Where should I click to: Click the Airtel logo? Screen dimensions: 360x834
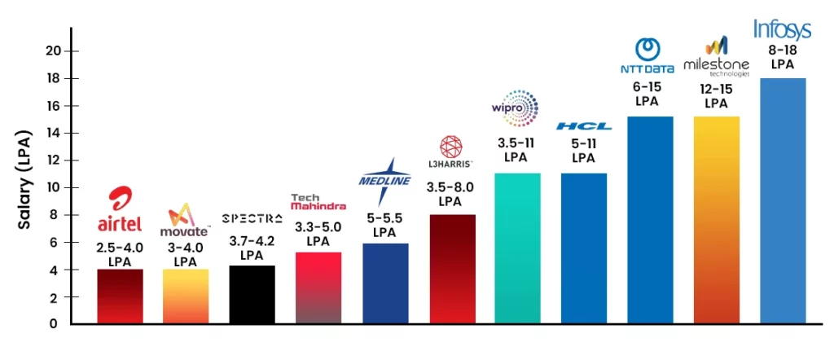pos(120,211)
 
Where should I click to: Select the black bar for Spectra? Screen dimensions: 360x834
pos(252,294)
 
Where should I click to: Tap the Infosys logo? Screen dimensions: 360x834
pos(782,30)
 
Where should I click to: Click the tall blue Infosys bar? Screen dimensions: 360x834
pos(782,200)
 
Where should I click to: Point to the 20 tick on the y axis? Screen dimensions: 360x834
pos(53,50)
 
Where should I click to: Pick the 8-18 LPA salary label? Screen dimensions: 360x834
pos(782,55)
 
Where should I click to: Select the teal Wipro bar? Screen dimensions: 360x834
pos(516,248)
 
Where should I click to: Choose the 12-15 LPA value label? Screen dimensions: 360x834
pos(716,96)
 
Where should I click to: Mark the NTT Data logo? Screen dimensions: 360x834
pos(649,55)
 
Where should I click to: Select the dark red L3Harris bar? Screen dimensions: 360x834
pos(451,269)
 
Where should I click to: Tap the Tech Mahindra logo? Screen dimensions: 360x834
pos(318,202)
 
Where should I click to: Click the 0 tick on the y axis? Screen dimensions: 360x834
pos(53,324)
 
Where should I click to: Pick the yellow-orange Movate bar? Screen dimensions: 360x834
pos(186,296)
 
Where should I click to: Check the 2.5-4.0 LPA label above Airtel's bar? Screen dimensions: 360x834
pos(120,252)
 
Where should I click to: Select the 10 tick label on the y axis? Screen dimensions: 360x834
pos(53,187)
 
